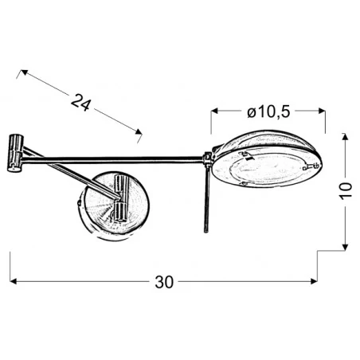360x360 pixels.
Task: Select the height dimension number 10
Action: click(x=343, y=191)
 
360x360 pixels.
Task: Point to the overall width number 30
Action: click(x=164, y=282)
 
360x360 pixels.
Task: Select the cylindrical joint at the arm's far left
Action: click(x=14, y=152)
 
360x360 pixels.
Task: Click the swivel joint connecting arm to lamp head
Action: click(x=206, y=162)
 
